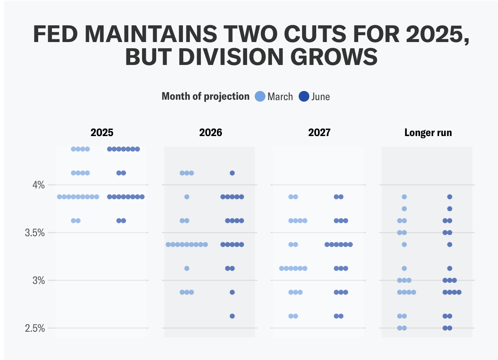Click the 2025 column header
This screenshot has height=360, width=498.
tap(102, 133)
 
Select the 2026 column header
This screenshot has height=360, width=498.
tap(210, 133)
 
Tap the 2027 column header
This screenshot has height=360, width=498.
tap(319, 133)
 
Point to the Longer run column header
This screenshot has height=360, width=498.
tap(428, 133)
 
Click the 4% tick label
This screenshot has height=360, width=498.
tap(38, 185)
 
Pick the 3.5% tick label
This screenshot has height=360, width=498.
tap(35, 233)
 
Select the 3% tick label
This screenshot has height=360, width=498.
tap(38, 281)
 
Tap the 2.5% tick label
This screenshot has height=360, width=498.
tap(35, 328)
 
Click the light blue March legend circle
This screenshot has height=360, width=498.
tap(260, 96)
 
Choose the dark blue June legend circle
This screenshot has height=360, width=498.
tap(304, 96)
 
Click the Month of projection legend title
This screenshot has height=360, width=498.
tap(205, 96)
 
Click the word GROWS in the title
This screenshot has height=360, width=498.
tap(334, 57)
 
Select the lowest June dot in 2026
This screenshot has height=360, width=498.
tap(232, 316)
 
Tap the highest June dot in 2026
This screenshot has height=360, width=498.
tap(232, 173)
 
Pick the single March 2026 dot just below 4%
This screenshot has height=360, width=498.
tap(187, 197)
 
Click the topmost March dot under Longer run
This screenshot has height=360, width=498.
tap(404, 197)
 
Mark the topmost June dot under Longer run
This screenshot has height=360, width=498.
tap(449, 197)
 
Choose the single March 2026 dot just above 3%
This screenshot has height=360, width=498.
tap(187, 268)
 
